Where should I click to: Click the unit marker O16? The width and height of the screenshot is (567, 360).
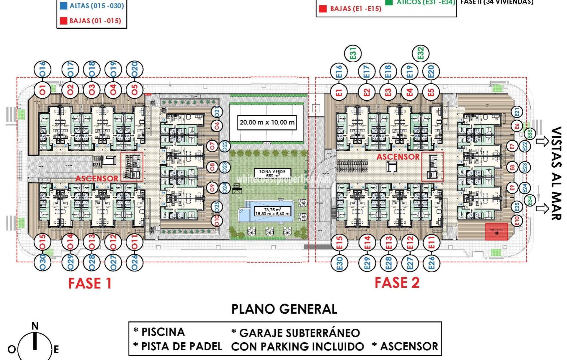click(42, 69)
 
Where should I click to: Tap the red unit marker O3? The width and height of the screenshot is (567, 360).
click(92, 90)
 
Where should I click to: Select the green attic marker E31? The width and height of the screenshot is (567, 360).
click(353, 53)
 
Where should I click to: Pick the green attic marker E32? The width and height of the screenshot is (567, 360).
click(421, 53)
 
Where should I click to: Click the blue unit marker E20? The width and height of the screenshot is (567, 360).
click(431, 72)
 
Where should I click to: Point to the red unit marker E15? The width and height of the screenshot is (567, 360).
click(339, 242)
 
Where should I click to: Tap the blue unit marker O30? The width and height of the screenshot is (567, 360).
click(42, 262)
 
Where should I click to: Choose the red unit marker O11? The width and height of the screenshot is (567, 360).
click(134, 242)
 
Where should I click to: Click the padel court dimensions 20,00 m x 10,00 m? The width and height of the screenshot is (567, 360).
click(267, 122)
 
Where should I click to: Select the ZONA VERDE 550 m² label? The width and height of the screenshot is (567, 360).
click(272, 173)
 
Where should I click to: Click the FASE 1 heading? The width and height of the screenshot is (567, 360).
click(90, 283)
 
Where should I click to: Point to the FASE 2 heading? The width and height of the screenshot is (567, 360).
click(397, 283)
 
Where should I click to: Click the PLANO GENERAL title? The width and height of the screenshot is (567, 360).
click(284, 309)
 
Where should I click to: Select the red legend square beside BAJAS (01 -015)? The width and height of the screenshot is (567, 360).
click(63, 21)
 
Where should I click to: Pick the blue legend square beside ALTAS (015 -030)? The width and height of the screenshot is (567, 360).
click(63, 6)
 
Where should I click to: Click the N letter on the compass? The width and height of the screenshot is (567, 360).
click(35, 326)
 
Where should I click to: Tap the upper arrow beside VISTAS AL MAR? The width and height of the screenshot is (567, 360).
click(542, 141)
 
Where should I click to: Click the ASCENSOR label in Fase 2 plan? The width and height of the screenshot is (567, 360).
click(398, 157)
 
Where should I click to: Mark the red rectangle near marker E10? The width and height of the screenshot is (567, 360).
click(496, 232)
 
